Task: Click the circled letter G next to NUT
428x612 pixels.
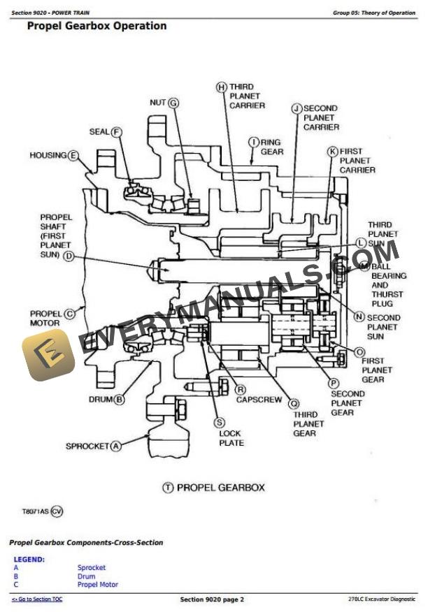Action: [x=173, y=103]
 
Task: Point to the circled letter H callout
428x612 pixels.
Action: [x=221, y=87]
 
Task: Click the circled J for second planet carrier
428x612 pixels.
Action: [x=296, y=108]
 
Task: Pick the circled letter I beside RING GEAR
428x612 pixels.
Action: [x=254, y=142]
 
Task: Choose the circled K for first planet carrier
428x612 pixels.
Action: [x=333, y=151]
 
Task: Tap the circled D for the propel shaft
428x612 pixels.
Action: [x=69, y=256]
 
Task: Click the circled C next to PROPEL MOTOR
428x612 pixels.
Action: [x=69, y=314]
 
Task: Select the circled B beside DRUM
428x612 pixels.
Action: [x=119, y=400]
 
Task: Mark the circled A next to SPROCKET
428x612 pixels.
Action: [x=116, y=446]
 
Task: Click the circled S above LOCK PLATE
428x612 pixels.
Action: [x=220, y=422]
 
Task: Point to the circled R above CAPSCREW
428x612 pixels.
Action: [x=241, y=389]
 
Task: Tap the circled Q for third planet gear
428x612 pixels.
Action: [x=294, y=403]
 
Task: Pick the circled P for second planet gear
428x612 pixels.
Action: [x=334, y=383]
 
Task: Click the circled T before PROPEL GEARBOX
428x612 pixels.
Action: [x=168, y=488]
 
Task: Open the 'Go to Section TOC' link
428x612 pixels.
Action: [x=36, y=599]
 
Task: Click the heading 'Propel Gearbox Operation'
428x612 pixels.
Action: [x=97, y=26]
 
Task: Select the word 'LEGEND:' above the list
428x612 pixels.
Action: [x=29, y=560]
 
